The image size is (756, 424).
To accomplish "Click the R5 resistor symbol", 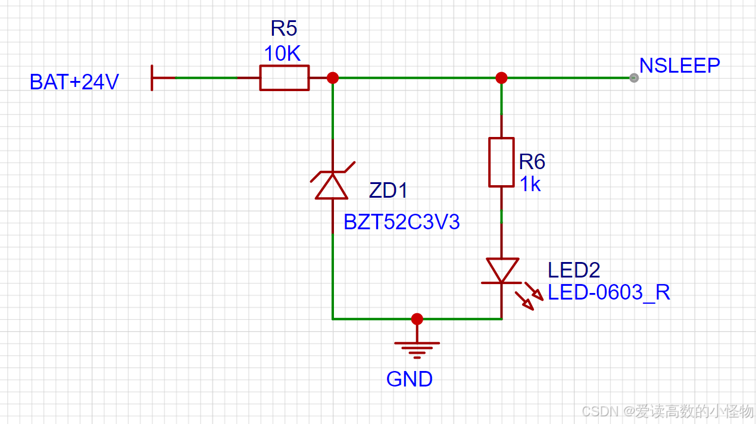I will click(285, 78).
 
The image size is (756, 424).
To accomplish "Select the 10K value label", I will click(282, 54).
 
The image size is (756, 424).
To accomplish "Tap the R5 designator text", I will click(283, 29).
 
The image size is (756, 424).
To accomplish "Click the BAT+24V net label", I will click(74, 82).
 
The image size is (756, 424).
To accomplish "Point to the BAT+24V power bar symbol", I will click(153, 78).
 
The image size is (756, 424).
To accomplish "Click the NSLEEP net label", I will click(679, 65).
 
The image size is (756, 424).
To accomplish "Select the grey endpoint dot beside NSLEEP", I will click(634, 78).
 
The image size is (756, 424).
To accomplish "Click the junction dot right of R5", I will click(333, 78).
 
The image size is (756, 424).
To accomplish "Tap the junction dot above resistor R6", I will click(501, 78).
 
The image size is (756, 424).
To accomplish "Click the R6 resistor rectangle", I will click(501, 162).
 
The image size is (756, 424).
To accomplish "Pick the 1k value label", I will click(530, 185).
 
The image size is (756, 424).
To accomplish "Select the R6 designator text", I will click(532, 162).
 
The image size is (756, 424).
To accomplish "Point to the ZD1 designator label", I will click(389, 191).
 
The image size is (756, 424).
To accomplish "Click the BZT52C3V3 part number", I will click(402, 222).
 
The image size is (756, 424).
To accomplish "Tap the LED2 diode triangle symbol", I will click(502, 270).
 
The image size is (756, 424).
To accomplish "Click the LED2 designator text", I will click(574, 270).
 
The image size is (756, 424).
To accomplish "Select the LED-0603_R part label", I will click(609, 292).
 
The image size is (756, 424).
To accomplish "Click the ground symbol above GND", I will click(417, 348).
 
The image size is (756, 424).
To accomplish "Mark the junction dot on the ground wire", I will click(417, 319).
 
